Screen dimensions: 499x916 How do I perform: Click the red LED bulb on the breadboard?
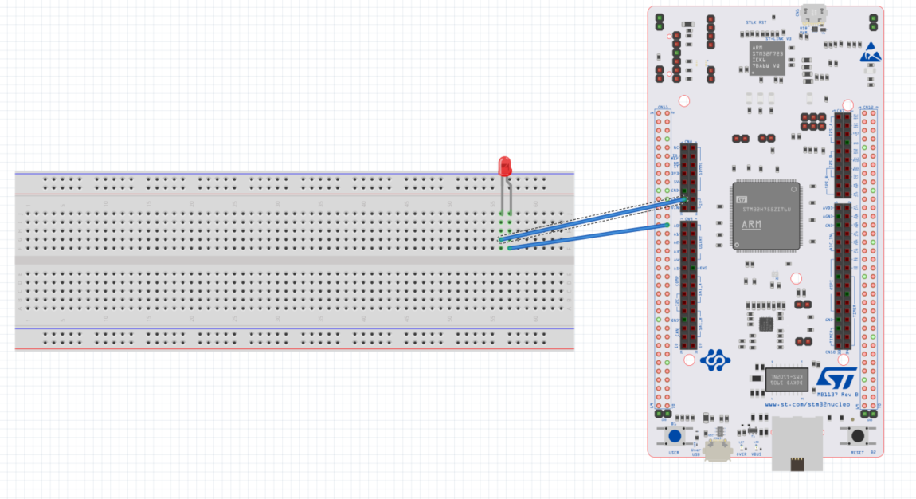(504, 167)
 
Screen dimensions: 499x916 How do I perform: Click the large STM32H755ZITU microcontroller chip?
(765, 215)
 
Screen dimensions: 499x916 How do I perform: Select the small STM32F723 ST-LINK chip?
(767, 59)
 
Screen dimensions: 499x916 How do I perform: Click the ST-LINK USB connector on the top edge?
(813, 13)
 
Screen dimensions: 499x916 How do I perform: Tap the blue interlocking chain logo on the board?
(714, 360)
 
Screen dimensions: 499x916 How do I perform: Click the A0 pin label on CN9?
(676, 226)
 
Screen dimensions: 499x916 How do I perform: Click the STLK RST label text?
(756, 22)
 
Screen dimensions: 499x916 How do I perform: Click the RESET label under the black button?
(857, 452)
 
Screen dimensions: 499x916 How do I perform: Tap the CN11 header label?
(663, 107)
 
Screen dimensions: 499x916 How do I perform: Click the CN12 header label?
(869, 107)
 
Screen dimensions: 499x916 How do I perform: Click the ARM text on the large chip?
(751, 225)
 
